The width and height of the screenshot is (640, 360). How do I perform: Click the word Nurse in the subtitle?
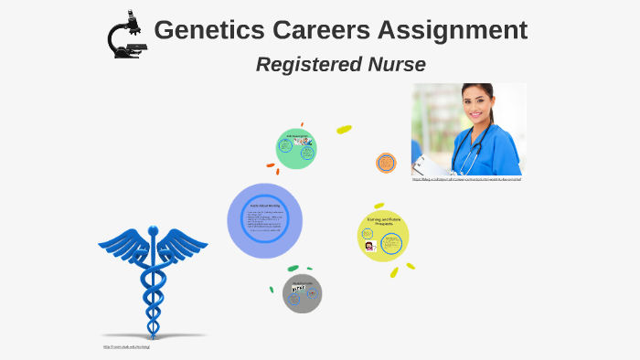coord(396,65)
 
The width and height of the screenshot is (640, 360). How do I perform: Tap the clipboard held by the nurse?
coord(425,164)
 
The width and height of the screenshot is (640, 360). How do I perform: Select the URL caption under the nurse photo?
coord(466,179)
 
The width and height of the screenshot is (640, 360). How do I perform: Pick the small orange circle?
coord(386,163)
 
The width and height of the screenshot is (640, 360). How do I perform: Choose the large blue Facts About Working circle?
coord(264,220)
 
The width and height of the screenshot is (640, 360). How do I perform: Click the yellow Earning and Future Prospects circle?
coord(382,236)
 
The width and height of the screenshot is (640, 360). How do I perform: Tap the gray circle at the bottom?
coord(302,293)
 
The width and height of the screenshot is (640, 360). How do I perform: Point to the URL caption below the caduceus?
coord(125,347)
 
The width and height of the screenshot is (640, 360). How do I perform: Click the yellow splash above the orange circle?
coord(344,130)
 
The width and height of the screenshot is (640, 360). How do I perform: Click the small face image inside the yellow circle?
coord(369,246)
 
